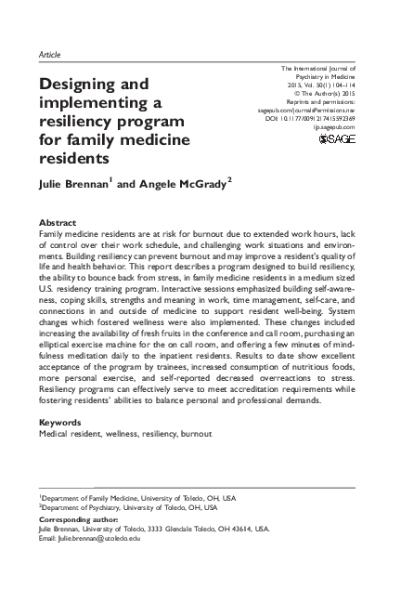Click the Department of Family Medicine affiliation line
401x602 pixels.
(136, 498)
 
